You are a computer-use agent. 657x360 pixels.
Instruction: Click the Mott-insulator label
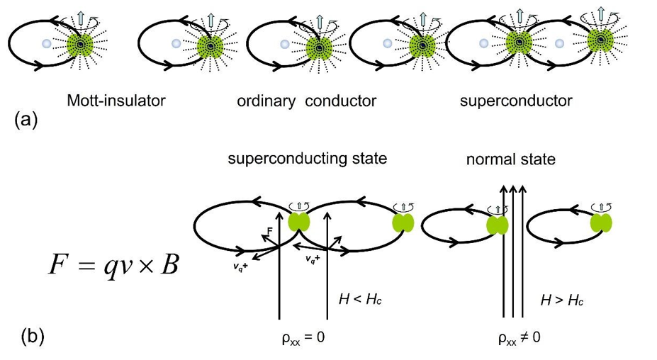pos(116,100)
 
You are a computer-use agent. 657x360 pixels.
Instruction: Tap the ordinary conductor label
pos(306,101)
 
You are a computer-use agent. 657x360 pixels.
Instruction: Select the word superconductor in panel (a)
pos(515,101)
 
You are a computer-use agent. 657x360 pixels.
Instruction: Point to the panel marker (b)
pos(27,336)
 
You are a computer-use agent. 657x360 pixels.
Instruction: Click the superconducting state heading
pos(307,158)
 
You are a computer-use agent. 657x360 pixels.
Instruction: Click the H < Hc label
pos(363,300)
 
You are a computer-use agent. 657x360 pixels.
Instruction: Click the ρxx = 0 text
pos(303,337)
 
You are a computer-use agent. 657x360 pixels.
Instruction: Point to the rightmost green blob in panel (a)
pos(604,44)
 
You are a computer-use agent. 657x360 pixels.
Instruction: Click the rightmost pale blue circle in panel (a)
pos(559,43)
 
